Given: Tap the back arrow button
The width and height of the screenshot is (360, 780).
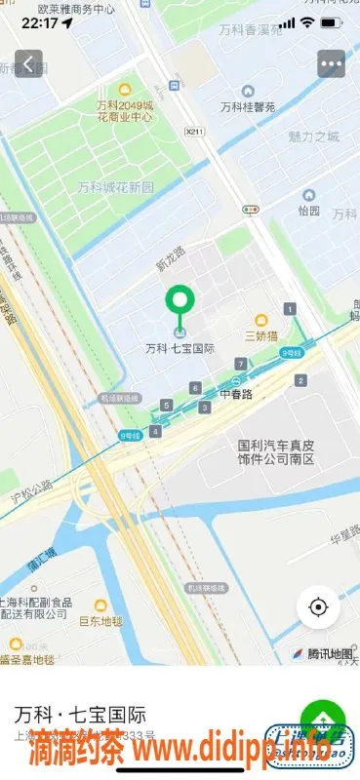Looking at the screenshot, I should click(x=29, y=65).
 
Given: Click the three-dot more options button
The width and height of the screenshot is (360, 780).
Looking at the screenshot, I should click(x=331, y=65).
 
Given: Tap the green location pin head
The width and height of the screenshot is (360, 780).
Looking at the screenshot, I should click(x=179, y=299).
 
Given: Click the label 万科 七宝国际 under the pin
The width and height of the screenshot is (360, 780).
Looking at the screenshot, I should click(x=180, y=348).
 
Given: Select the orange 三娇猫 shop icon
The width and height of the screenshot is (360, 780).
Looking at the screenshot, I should click(x=261, y=320).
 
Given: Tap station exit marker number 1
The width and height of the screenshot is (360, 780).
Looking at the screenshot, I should click(x=290, y=309).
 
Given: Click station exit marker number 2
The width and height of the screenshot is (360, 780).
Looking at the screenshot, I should click(x=301, y=381).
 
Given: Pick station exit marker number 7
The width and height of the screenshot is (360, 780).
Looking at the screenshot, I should click(x=240, y=365).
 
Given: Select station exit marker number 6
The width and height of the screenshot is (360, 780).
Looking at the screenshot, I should click(x=196, y=388).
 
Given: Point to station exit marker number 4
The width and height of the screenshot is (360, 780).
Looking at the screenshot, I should click(x=155, y=431).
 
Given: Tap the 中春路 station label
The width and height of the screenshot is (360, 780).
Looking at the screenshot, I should click(x=235, y=395).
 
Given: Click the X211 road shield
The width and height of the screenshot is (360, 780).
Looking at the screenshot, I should click(x=195, y=132).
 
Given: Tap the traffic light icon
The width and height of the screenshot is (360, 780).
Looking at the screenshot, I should click(x=252, y=209).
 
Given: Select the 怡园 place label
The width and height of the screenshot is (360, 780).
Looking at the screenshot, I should click(x=308, y=210).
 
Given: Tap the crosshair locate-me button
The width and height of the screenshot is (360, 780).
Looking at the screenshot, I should click(x=318, y=607).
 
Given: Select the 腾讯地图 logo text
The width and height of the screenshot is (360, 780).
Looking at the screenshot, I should click(x=326, y=652).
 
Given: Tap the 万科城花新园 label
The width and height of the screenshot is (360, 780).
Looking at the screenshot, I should click(x=115, y=186).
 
